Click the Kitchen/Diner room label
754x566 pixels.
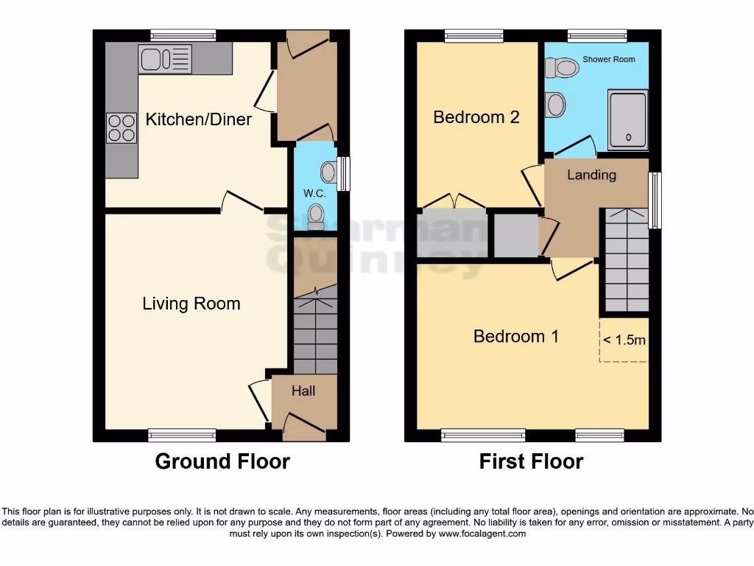click(x=199, y=119)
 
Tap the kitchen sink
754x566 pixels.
click(x=165, y=59)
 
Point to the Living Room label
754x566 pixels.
click(x=191, y=304)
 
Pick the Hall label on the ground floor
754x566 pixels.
click(x=303, y=391)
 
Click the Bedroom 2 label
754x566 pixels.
click(x=476, y=117)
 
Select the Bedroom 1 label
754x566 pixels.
click(x=515, y=337)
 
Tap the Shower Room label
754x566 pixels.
click(x=608, y=59)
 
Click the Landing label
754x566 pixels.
click(x=591, y=175)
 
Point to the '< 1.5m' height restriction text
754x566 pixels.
click(x=624, y=340)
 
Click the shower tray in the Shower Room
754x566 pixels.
click(x=628, y=119)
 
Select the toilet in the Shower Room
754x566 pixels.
click(x=563, y=69)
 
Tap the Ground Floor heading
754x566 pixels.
click(x=222, y=462)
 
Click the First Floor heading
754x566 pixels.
click(x=531, y=462)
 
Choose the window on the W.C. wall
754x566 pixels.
click(x=342, y=174)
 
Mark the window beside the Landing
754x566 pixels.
click(x=654, y=200)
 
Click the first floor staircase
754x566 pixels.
click(x=626, y=259)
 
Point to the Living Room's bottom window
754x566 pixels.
click(x=182, y=435)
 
